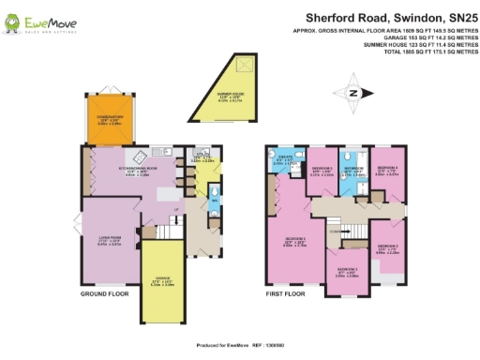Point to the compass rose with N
point(353,91)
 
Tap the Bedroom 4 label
point(388,172)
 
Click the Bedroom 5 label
point(321,171)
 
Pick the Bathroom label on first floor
point(353,172)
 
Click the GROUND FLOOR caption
point(104,293)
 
